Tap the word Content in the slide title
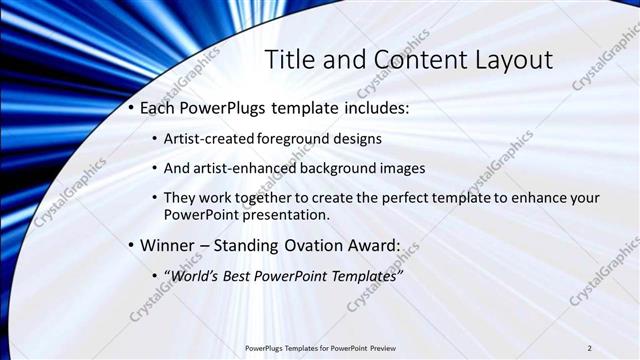pyautogui.click(x=403, y=59)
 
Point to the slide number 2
pyautogui.click(x=590, y=348)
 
